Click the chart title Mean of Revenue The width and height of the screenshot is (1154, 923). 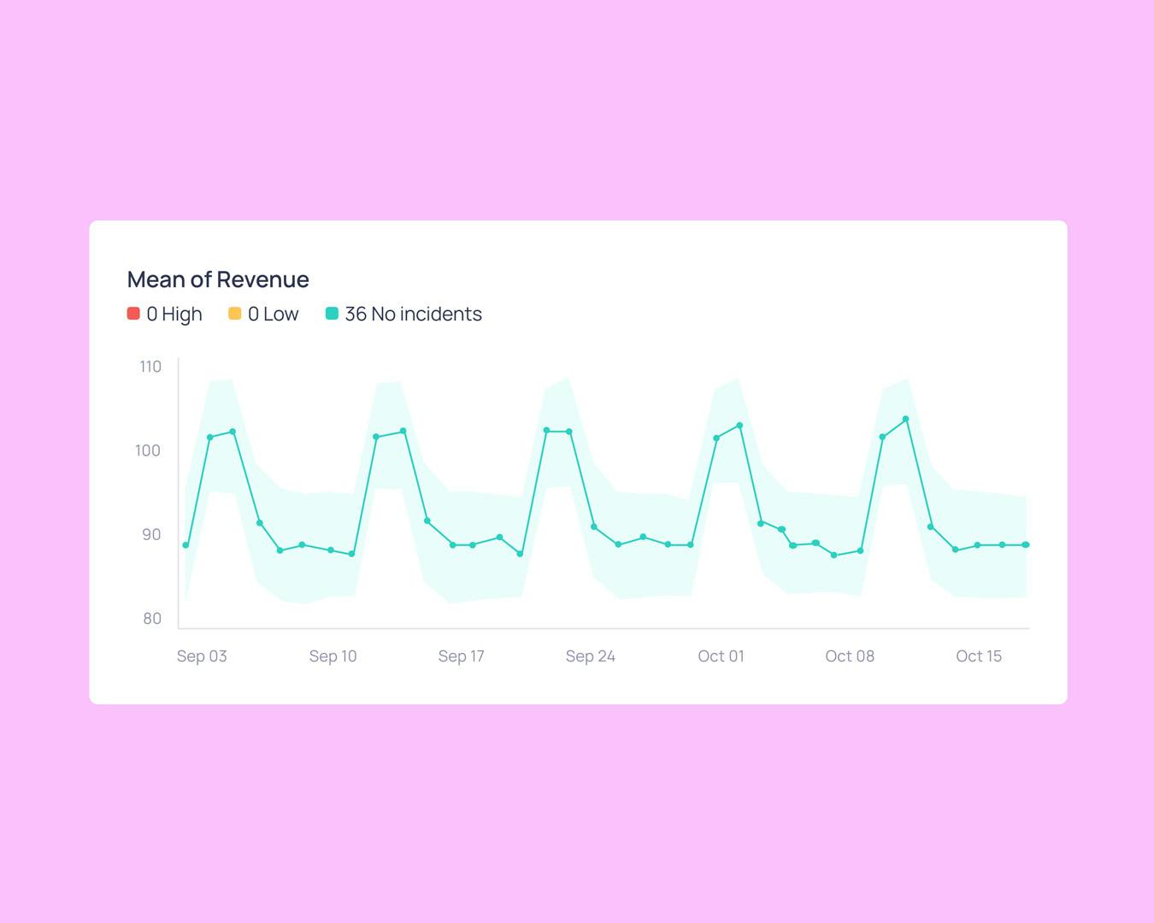coord(218,279)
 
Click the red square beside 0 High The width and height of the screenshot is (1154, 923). coord(133,314)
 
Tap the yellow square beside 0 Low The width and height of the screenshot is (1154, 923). coord(235,314)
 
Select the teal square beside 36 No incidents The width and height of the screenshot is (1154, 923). coord(332,314)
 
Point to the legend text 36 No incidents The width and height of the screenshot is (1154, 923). coord(413,315)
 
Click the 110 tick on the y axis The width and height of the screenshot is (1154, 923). coord(150,367)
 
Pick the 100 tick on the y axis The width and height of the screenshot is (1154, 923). coord(148,450)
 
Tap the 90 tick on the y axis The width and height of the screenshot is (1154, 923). coord(151,534)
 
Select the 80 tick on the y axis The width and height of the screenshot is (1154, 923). coord(152,618)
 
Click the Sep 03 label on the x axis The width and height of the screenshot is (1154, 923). coord(202,656)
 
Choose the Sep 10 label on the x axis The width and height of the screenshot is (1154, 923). coord(333,656)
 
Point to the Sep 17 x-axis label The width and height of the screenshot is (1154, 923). coord(461,656)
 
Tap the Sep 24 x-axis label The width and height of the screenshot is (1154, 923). coord(590,656)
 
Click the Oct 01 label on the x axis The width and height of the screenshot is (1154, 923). coord(721,656)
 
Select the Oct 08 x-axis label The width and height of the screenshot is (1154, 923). coord(849,656)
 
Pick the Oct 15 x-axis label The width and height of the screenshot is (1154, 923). coord(978,656)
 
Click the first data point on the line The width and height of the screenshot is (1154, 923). coord(185,545)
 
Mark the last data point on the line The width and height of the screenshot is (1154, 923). coord(1026,545)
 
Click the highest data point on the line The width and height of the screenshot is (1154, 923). coord(906,420)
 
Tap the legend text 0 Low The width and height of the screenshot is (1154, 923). coord(273,315)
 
